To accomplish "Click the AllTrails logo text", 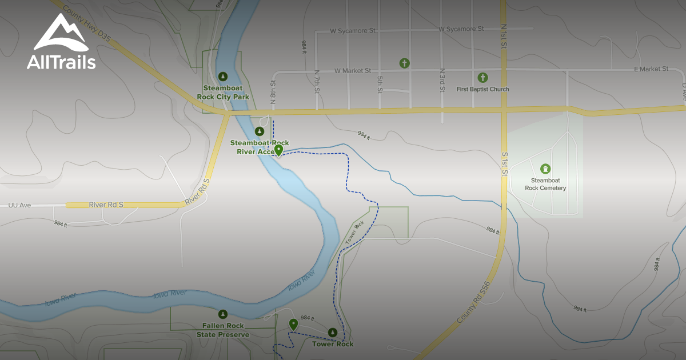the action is coord(61,62).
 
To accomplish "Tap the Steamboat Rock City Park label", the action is coord(223,93).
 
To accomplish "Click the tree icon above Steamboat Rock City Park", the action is coord(223,76).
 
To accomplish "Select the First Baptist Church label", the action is coord(482,89).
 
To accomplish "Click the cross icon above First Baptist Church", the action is coord(482,77).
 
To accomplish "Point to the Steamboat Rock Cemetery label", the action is coord(545,185).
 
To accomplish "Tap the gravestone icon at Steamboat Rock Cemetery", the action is coord(545,169).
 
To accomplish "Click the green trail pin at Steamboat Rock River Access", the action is coord(278,150).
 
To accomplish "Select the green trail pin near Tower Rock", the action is coord(293,324).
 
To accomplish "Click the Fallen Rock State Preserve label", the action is coord(223,330).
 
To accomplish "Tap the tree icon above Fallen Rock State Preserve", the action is coord(223,314).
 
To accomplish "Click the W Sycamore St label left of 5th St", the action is coord(353,30).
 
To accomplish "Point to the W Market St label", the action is coord(353,71).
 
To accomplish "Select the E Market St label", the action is coord(651,69).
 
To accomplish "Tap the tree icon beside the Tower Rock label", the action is coord(333,332).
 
